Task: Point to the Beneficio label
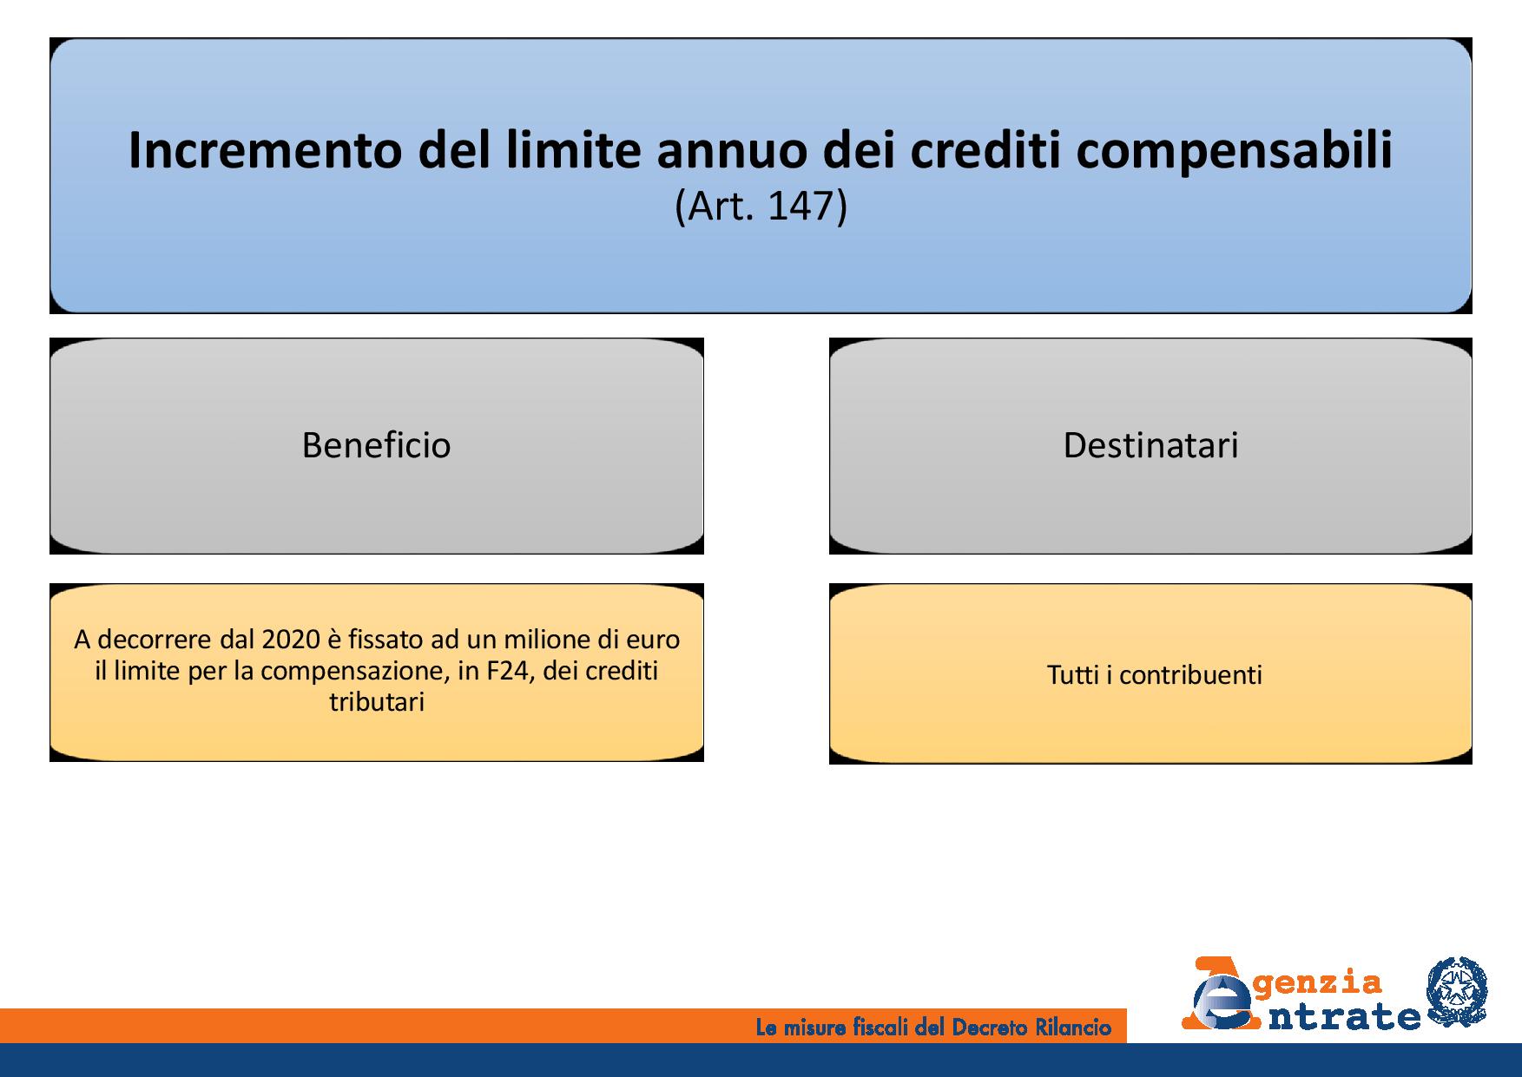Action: [376, 445]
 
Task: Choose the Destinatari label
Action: [1150, 445]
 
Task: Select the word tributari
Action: [377, 701]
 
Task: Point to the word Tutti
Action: [1073, 675]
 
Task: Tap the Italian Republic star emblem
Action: [1457, 994]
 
